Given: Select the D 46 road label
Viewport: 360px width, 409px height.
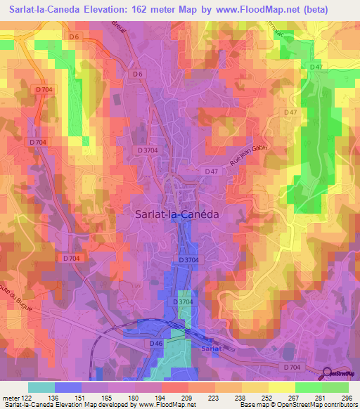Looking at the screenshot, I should click(156, 343).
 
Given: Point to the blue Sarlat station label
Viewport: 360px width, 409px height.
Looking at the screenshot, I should click(202, 349).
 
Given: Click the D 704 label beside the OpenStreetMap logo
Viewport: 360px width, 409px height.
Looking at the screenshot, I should click(290, 368).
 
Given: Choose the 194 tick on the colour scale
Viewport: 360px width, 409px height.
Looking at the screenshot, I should click(162, 397).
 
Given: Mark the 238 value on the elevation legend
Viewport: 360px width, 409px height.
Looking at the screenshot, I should click(243, 397).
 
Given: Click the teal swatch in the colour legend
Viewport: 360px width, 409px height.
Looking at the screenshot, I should click(41, 387).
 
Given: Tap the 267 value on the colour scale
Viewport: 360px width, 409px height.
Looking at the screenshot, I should click(295, 397).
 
